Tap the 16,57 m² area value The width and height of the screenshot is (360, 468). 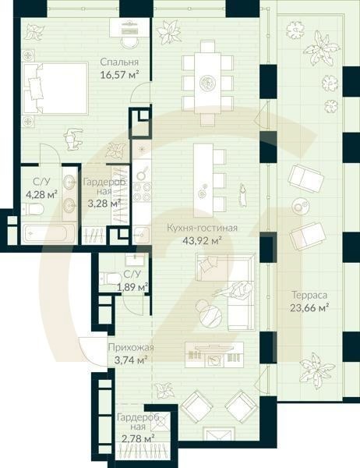[119, 75]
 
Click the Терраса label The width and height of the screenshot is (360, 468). [309, 296]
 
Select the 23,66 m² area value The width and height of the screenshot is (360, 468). [309, 307]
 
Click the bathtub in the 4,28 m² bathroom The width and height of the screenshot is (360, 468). [48, 232]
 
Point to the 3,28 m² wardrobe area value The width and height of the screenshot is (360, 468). [101, 204]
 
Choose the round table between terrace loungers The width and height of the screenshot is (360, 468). [301, 205]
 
